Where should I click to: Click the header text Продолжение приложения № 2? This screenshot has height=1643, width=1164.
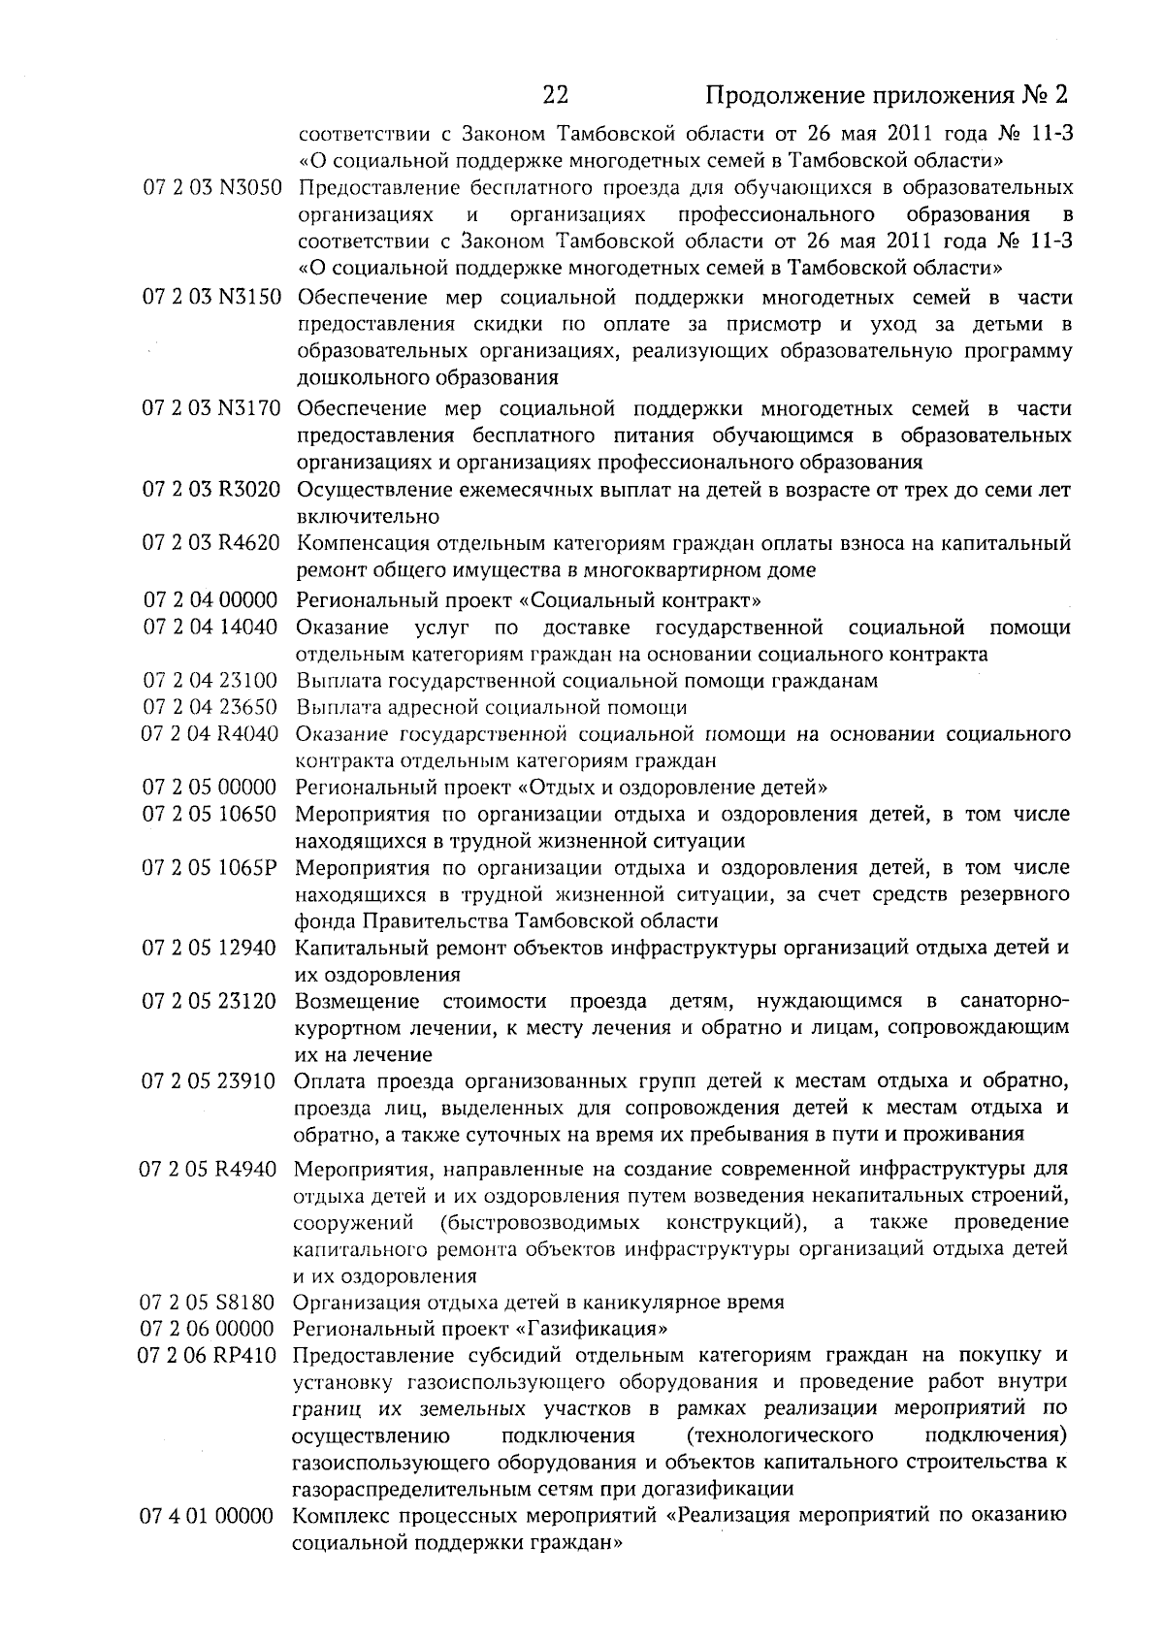pos(887,96)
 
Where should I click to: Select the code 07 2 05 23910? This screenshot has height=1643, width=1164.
pos(210,1081)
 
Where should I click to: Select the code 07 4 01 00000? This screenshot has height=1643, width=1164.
pos(208,1516)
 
